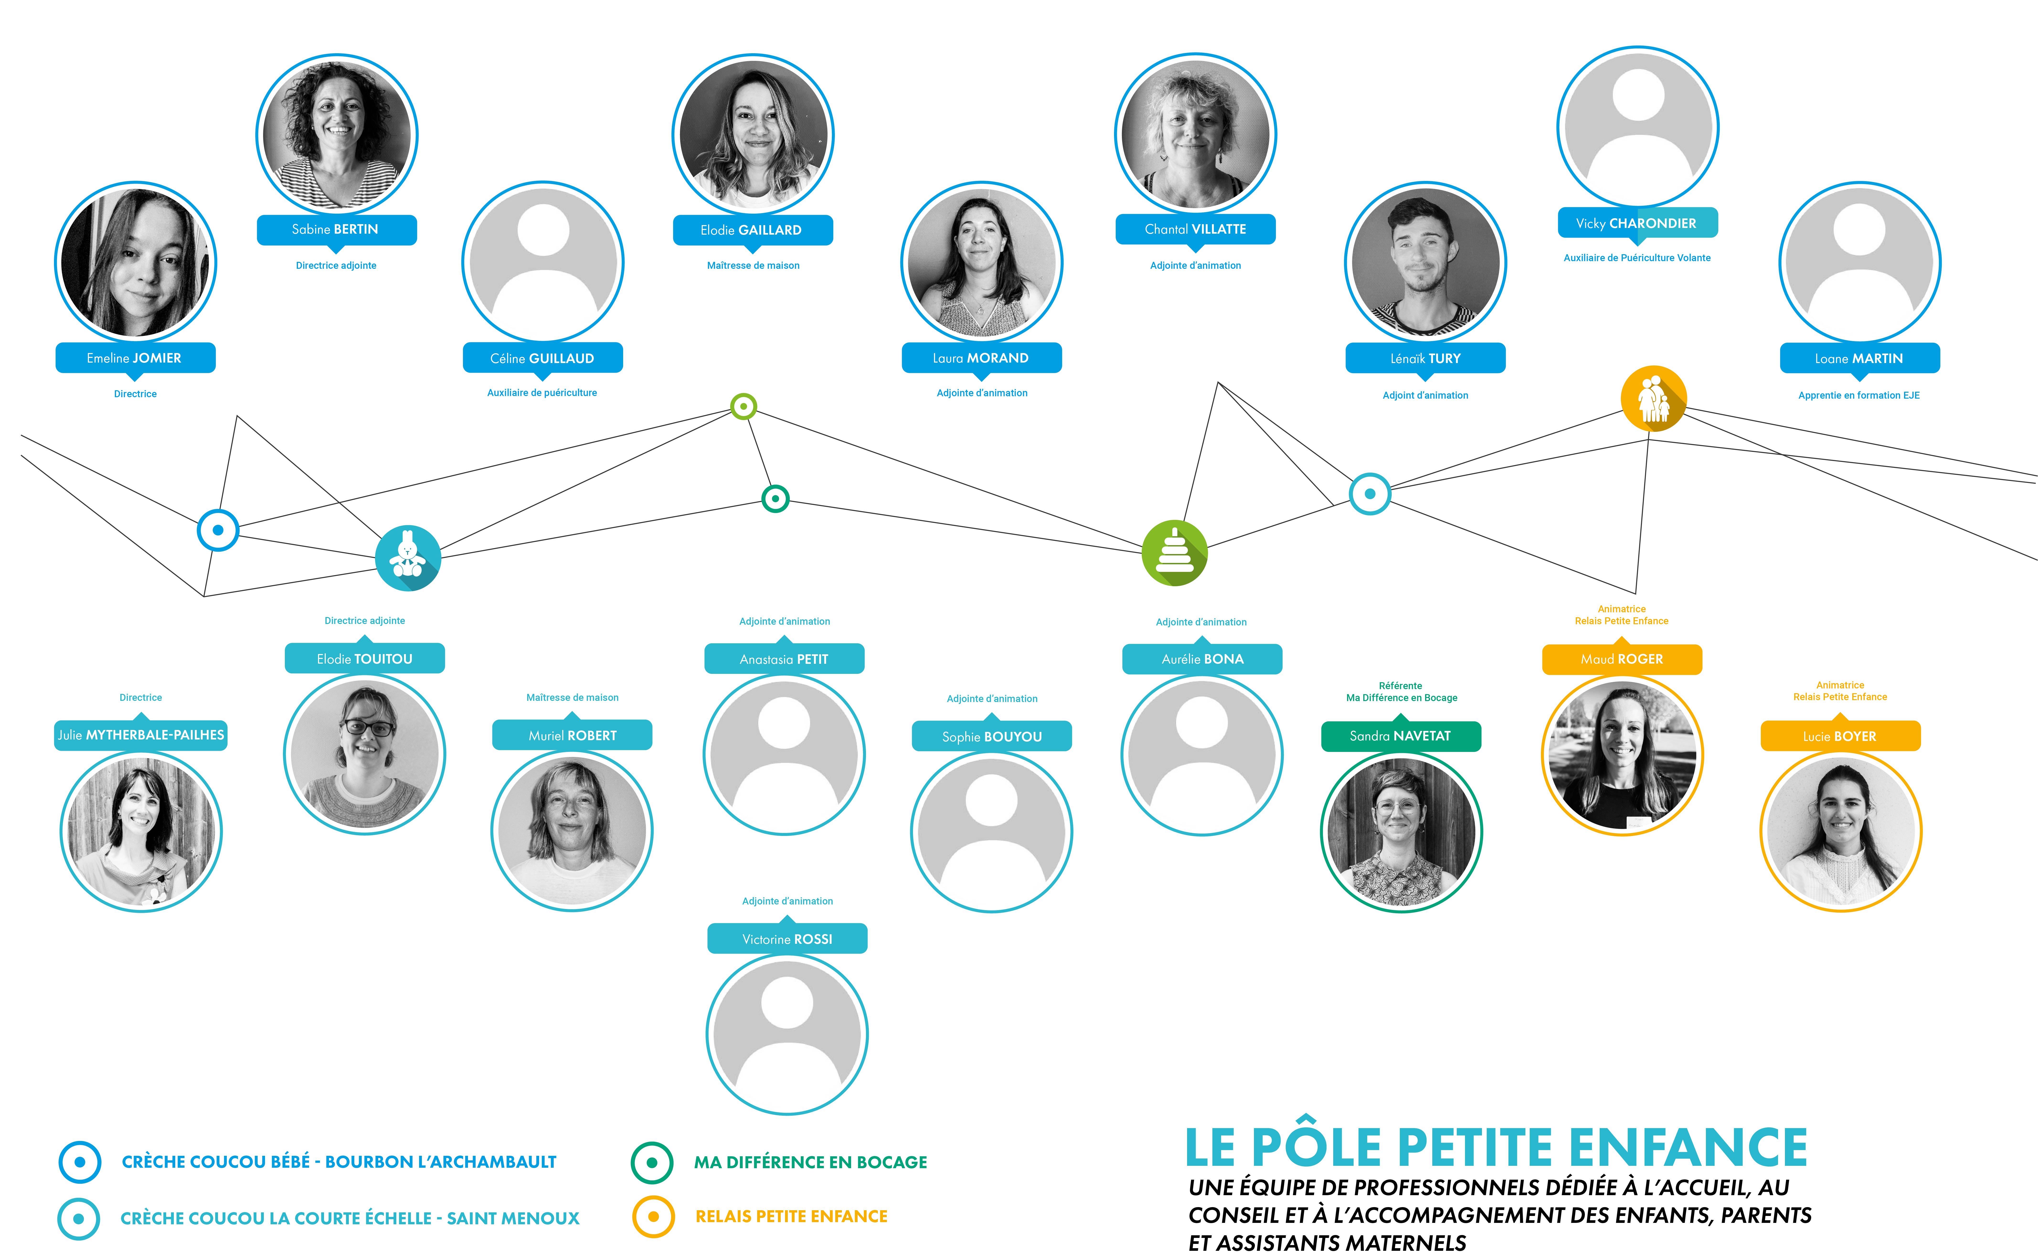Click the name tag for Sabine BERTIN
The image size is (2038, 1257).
coord(336,229)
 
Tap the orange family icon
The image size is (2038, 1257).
coord(1654,398)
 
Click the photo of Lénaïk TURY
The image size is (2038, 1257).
coord(1425,262)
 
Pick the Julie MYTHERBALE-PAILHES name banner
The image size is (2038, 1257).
coord(141,735)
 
